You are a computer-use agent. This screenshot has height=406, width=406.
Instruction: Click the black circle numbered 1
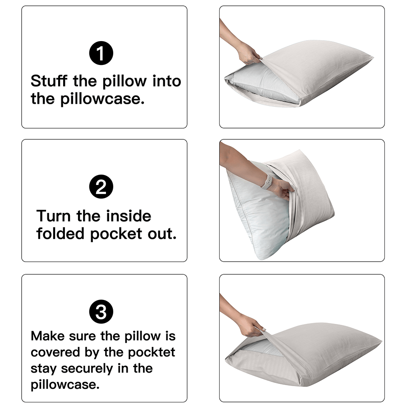pyautogui.click(x=101, y=53)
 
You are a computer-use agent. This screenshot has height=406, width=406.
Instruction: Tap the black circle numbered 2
pyautogui.click(x=101, y=186)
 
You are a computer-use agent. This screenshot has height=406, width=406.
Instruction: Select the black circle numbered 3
pyautogui.click(x=101, y=311)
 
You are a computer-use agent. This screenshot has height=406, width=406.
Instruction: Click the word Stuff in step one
pyautogui.click(x=49, y=81)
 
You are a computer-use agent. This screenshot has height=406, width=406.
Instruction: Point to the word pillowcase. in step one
pyautogui.click(x=102, y=99)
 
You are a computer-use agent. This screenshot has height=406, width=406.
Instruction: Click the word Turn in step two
pyautogui.click(x=53, y=216)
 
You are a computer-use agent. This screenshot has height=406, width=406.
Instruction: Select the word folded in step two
pyautogui.click(x=60, y=234)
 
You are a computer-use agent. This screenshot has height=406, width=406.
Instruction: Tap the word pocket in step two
pyautogui.click(x=116, y=234)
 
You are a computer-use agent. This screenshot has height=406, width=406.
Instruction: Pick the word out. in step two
pyautogui.click(x=162, y=234)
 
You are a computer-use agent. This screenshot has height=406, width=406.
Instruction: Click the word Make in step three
pyautogui.click(x=48, y=336)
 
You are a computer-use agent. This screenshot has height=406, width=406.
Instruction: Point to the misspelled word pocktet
pyautogui.click(x=152, y=353)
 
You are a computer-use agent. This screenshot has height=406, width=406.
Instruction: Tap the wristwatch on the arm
pyautogui.click(x=267, y=182)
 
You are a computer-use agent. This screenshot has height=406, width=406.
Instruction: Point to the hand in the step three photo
pyautogui.click(x=251, y=325)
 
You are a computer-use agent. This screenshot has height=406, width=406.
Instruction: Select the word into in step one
pyautogui.click(x=167, y=81)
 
